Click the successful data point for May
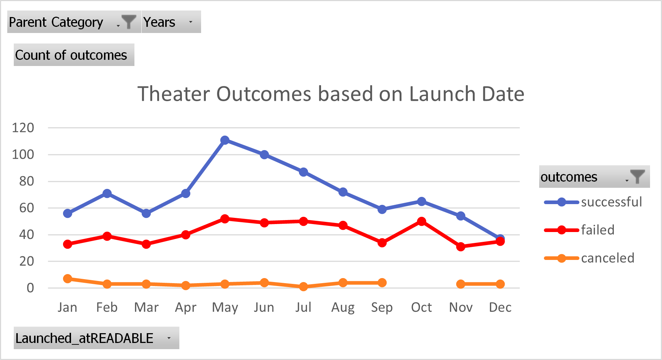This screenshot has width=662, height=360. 225,140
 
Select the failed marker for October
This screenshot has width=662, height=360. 421,221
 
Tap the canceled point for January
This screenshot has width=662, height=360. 67,278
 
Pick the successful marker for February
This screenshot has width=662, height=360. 107,193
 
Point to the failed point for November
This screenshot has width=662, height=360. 461,247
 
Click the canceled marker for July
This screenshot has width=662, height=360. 304,286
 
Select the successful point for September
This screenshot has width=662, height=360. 382,209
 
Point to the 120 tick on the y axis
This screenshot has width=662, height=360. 23,128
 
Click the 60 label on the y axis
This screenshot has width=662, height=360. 26,208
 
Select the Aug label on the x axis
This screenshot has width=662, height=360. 343,307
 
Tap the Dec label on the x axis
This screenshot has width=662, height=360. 500,307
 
